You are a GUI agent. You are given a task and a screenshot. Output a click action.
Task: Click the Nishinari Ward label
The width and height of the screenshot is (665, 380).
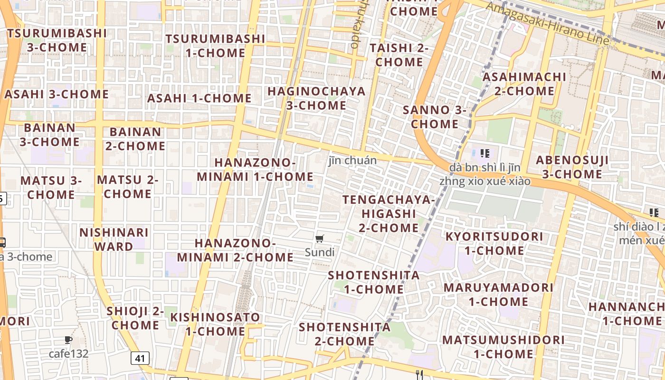coord(114,239)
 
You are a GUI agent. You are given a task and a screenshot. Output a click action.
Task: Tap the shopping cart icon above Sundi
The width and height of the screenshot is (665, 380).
coord(320,239)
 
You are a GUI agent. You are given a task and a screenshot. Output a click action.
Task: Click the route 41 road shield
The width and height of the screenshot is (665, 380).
coord(140,358)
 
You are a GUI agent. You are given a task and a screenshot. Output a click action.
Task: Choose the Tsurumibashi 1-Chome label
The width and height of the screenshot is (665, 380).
coord(215,46)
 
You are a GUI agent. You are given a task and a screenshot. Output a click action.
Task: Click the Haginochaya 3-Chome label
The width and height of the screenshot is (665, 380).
coord(316,98)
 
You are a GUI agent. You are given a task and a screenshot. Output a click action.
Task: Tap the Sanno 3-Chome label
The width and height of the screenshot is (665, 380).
coord(435,117)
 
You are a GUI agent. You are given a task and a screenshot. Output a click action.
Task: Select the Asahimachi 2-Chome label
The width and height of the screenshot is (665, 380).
coord(524,84)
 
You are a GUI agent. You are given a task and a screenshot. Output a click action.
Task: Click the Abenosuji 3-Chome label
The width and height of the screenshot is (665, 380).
coord(572,167)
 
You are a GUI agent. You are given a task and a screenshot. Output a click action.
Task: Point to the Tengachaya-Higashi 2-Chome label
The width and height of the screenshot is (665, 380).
coord(389,213)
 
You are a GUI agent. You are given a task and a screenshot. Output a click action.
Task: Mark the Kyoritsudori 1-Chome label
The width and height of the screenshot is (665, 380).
coord(494,243)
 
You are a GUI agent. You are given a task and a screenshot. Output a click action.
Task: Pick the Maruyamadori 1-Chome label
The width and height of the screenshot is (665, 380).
coord(498,294)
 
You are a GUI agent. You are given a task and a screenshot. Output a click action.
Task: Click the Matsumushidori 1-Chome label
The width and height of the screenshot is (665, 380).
coord(503,347)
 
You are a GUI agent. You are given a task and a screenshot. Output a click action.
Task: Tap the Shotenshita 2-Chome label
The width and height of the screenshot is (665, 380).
coord(345,334)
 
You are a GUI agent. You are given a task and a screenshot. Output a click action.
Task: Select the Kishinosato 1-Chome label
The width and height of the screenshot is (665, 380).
coord(215,324)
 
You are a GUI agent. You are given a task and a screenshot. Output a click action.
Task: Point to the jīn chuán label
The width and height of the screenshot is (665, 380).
coord(352,160)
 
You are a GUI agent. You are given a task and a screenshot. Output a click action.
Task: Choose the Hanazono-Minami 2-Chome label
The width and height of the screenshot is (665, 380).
coord(235,250)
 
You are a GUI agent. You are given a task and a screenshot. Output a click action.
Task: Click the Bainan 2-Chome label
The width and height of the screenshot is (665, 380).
coord(135,139)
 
